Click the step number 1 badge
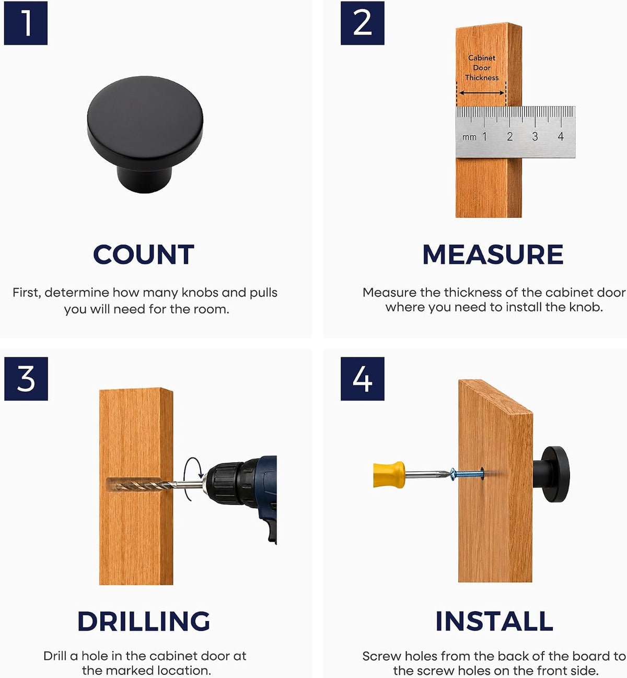[26, 23]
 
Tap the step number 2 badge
[362, 23]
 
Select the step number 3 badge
[26, 379]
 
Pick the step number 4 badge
[362, 379]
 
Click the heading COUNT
[144, 254]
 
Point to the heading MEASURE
[493, 254]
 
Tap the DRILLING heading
[144, 621]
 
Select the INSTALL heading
[494, 621]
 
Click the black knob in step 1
[145, 134]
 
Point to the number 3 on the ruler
[535, 136]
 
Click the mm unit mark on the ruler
[469, 137]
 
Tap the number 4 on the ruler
[561, 136]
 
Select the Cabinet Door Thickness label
[482, 67]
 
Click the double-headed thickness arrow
[482, 92]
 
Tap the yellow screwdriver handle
[389, 475]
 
